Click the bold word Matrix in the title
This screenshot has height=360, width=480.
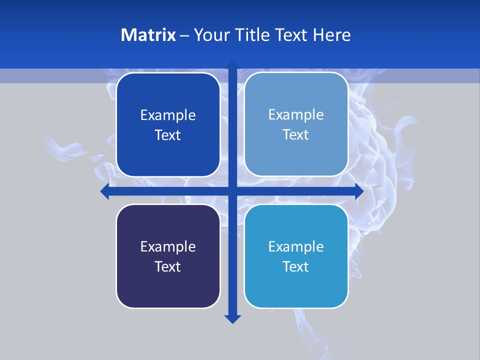pyautogui.click(x=148, y=35)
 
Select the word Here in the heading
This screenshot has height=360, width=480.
pyautogui.click(x=332, y=35)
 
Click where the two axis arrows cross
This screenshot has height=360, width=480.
pyautogui.click(x=232, y=191)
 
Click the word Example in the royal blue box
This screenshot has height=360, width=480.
pyautogui.click(x=168, y=115)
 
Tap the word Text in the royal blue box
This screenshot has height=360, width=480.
pyautogui.click(x=168, y=135)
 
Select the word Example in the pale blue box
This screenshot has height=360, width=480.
pyautogui.click(x=296, y=115)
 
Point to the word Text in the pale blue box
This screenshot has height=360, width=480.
pyautogui.click(x=296, y=135)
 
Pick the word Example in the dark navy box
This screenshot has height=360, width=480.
pyautogui.click(x=168, y=247)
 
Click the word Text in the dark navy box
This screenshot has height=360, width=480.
pyautogui.click(x=168, y=267)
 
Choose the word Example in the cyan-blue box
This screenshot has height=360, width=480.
pyautogui.click(x=296, y=247)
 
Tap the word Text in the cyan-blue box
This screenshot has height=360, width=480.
pyautogui.click(x=296, y=267)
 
